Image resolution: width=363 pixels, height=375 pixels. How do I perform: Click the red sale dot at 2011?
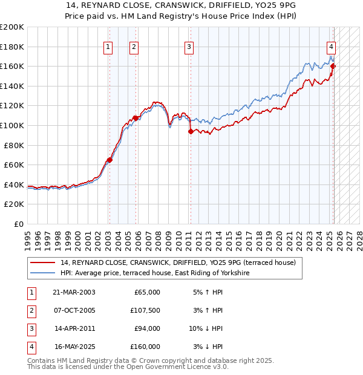[191, 131]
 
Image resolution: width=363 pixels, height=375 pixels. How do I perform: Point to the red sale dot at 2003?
[110, 160]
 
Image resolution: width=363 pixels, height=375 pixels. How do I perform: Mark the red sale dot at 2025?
[333, 66]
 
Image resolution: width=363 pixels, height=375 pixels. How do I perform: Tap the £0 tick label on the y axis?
[18, 224]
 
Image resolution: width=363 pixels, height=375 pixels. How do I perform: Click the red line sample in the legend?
[42, 263]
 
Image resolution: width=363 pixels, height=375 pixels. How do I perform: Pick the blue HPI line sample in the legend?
[42, 273]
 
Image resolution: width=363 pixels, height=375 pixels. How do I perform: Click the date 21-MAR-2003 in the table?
[74, 292]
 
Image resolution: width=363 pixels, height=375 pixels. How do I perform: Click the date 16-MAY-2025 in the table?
[74, 347]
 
